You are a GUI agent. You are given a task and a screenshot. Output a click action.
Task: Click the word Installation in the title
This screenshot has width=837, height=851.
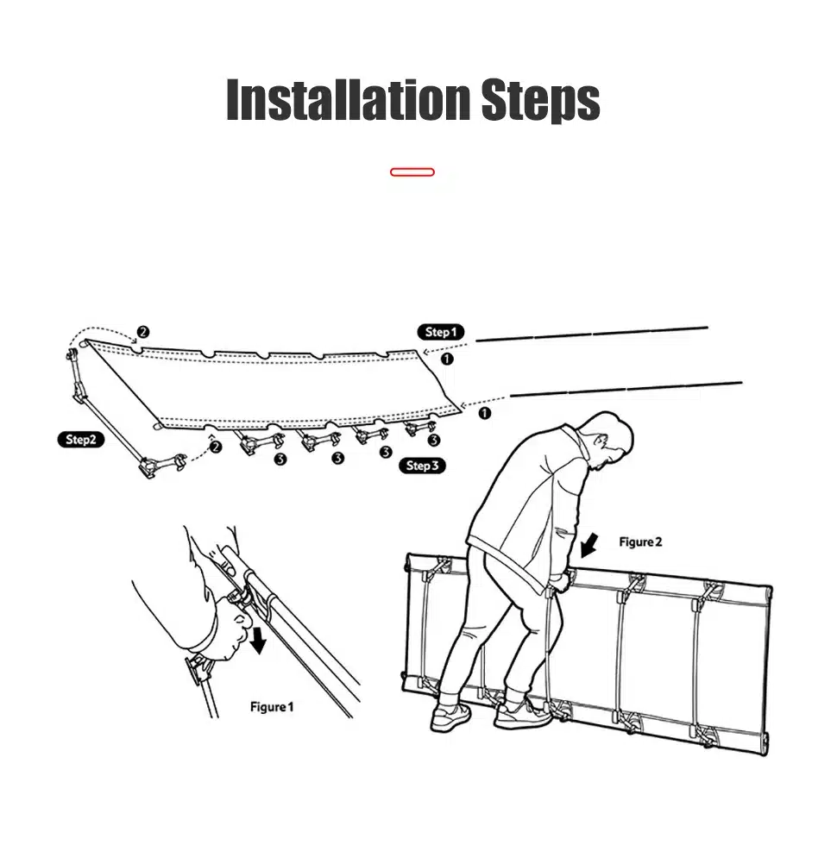coord(348,99)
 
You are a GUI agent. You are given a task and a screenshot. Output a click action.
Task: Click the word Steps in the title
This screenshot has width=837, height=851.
coord(540,100)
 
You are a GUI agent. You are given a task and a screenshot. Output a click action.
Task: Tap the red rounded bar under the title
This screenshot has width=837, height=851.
coord(412,172)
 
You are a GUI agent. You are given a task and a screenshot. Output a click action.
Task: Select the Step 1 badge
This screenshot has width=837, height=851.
coord(440,332)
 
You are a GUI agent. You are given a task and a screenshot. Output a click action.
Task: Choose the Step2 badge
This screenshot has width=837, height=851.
coord(80,439)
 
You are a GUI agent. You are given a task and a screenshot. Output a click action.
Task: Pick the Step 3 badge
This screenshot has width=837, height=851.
coord(422,466)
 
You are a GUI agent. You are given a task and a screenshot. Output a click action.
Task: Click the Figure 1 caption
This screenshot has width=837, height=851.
coord(272,707)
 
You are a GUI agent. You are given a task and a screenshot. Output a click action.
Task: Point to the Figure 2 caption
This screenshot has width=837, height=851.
coord(640,541)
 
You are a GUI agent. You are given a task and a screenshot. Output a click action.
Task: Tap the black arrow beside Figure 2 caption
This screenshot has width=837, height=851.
coord(588,545)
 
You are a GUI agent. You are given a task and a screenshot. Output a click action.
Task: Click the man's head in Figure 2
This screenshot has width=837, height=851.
coord(611,440)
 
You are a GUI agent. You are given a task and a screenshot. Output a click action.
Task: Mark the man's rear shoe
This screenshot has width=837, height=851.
coord(450,717)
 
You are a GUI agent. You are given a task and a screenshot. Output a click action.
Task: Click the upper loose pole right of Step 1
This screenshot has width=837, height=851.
coord(592,334)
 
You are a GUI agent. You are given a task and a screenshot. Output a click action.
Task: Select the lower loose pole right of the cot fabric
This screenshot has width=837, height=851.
coord(626,389)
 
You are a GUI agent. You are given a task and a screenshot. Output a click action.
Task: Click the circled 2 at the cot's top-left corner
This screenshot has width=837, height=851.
coord(143,332)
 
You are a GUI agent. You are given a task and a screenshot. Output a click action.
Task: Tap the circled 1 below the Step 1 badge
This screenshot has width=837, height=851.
coord(446,359)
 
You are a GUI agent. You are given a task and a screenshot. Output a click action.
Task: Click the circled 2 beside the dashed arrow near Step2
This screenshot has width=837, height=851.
coord(216,447)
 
